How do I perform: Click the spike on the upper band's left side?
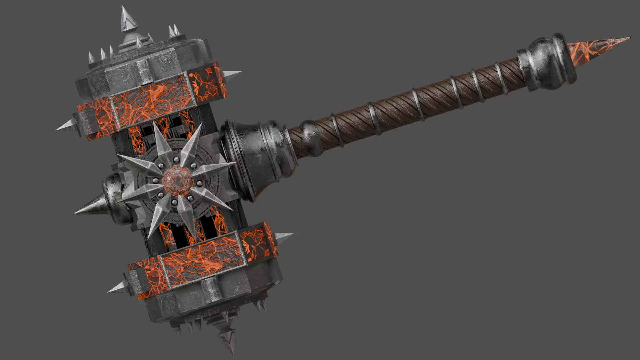tap(65, 126)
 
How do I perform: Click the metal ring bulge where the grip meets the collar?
tap(308, 140)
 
